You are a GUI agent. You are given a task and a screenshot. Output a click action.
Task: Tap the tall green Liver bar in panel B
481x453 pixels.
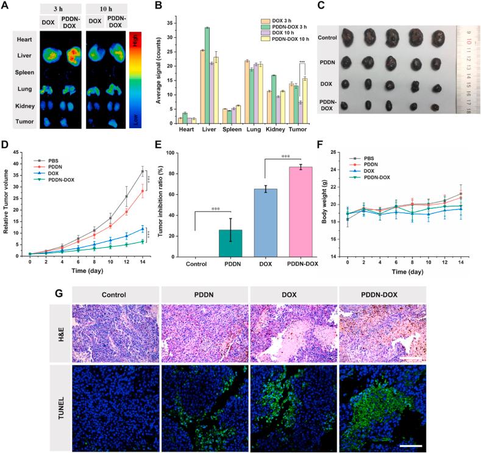(x=207, y=73)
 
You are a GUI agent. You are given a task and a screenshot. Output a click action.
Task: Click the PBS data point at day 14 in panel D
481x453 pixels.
(x=143, y=171)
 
